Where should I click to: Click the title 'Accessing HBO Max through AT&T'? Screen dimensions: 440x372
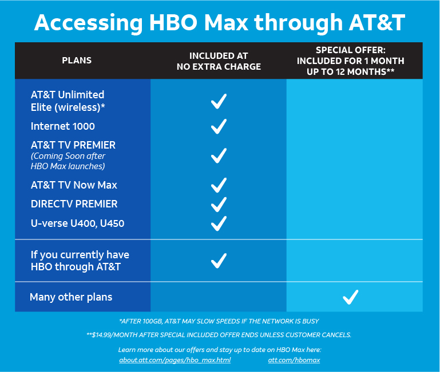pos(220,22)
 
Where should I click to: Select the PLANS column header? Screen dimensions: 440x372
pos(77,60)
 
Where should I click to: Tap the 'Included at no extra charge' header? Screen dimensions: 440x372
pos(219,61)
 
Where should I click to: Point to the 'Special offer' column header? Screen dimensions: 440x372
pos(351,61)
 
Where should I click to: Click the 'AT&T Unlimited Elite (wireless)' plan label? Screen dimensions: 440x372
pos(68,101)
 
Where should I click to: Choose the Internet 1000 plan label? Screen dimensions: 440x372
pos(62,126)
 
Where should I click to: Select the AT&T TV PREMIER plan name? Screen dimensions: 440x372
pos(73,145)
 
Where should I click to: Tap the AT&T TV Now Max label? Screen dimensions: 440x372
pos(74,185)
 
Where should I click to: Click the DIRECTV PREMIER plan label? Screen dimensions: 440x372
pos(74,204)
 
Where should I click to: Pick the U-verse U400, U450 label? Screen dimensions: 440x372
pos(77,223)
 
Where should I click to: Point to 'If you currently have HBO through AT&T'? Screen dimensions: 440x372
pos(80,261)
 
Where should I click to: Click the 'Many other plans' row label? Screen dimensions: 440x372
pos(71,297)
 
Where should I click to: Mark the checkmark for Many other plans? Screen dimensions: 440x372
pos(351,297)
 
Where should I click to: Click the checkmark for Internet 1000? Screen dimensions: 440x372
pos(219,126)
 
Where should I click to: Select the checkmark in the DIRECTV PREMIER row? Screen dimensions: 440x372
pos(219,205)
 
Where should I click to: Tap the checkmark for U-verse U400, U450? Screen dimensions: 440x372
pos(219,223)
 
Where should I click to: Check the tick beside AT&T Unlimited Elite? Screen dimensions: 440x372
pos(219,101)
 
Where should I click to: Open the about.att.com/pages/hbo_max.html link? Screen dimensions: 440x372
pos(175,360)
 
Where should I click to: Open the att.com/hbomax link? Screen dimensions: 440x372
pos(294,360)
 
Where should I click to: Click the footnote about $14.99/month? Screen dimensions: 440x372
pos(219,335)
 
